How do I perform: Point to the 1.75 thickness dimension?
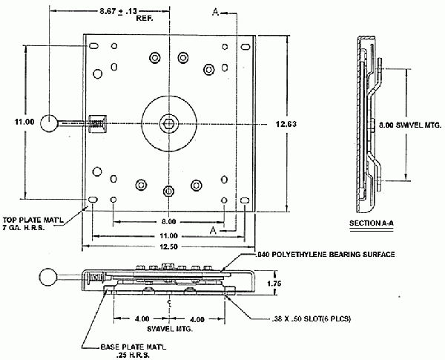tap(274, 283)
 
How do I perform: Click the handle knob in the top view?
tap(50, 122)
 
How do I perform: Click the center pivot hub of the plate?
tap(170, 122)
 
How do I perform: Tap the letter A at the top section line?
tap(215, 13)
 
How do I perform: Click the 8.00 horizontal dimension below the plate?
tap(169, 221)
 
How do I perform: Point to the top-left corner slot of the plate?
tap(93, 48)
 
